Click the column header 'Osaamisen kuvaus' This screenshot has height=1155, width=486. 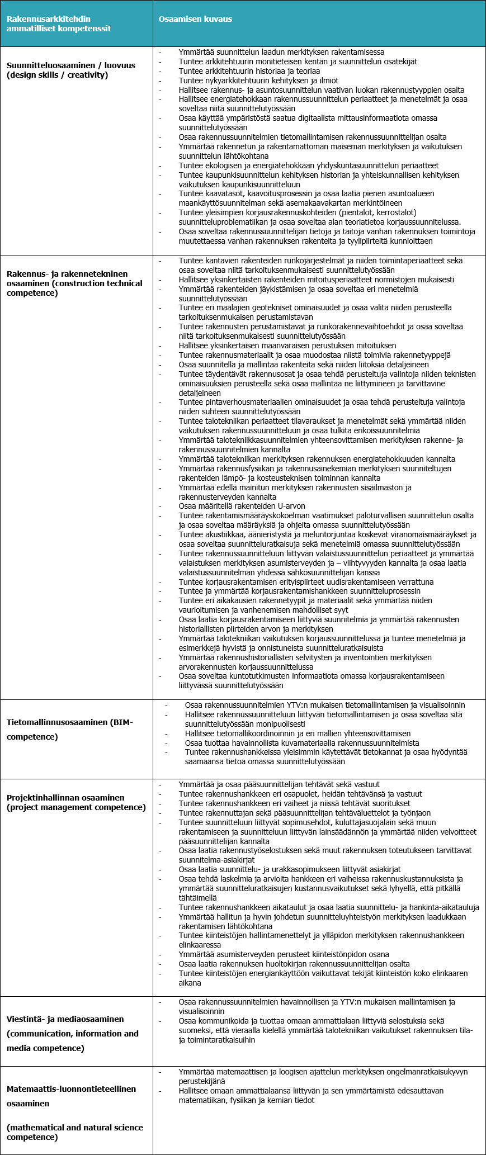pyautogui.click(x=195, y=19)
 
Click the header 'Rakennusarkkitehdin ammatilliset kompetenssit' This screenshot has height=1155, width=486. pyautogui.click(x=59, y=23)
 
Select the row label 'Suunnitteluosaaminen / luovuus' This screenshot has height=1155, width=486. pyautogui.click(x=71, y=65)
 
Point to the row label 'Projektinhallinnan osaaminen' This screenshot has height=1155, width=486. pyautogui.click(x=65, y=798)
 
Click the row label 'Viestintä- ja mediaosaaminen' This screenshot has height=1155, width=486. pyautogui.click(x=65, y=1019)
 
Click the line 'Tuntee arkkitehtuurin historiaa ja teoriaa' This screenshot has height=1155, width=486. pyautogui.click(x=249, y=71)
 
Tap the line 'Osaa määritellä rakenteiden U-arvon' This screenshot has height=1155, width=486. pyautogui.click(x=242, y=506)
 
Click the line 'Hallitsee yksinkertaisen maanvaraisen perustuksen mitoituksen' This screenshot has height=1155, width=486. pyautogui.click(x=287, y=345)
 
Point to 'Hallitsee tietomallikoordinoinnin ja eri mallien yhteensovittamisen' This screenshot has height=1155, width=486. pyautogui.click(x=298, y=733)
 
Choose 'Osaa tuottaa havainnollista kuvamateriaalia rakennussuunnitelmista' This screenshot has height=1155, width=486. pyautogui.click(x=302, y=743)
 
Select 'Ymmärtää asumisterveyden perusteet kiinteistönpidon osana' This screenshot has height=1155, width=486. pyautogui.click(x=284, y=954)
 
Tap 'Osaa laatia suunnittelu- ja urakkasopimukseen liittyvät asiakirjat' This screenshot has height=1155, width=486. pyautogui.click(x=290, y=869)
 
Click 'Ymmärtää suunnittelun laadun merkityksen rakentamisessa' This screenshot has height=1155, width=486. pyautogui.click(x=281, y=52)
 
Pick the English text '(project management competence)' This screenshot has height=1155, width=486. pyautogui.click(x=76, y=807)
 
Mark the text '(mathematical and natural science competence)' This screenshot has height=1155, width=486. pyautogui.click(x=75, y=1132)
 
